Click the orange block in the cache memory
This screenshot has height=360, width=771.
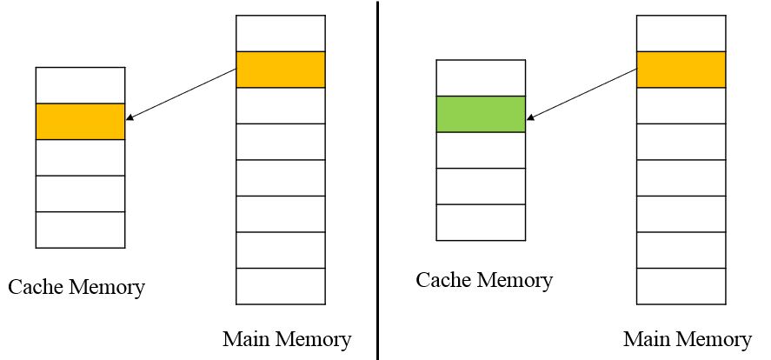pos(80,122)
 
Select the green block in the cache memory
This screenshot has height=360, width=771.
pos(481,114)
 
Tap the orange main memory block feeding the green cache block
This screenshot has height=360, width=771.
pos(681,70)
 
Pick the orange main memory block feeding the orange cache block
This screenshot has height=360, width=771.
pos(280,70)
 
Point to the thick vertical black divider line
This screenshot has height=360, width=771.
pos(377,180)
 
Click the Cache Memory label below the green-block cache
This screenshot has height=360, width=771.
pos(484,281)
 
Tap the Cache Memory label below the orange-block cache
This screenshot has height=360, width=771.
pos(76,287)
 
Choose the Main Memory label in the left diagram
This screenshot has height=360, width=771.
pos(287,338)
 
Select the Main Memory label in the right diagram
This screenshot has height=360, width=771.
pos(687,338)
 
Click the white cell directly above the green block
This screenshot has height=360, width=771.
pos(481,77)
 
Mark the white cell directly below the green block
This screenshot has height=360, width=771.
pos(481,150)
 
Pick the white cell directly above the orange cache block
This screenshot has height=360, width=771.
pos(80,85)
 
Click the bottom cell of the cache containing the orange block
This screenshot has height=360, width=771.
pos(80,229)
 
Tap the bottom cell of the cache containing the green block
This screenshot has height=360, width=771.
pos(481,222)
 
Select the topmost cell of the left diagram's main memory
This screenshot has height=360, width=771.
pos(280,33)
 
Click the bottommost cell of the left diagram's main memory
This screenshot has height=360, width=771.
pos(280,286)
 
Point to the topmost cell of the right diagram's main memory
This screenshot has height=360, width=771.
pos(681,33)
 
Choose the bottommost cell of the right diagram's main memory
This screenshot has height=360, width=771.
pos(681,286)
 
